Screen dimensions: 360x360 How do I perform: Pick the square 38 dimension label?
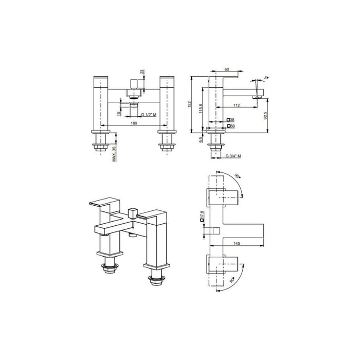pyautogui.click(x=231, y=119)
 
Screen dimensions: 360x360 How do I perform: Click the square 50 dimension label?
pyautogui.click(x=231, y=125)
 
